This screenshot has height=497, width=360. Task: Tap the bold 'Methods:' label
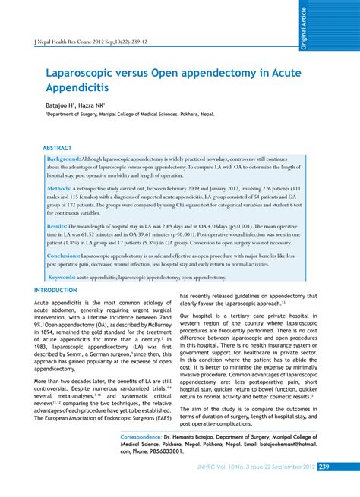click(x=60, y=187)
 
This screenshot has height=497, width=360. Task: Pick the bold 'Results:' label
click(x=58, y=226)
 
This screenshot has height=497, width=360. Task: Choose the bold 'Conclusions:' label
click(x=64, y=256)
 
